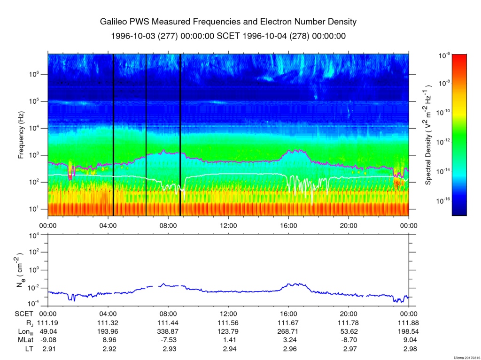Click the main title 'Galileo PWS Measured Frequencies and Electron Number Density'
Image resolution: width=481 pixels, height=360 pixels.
click(228, 22)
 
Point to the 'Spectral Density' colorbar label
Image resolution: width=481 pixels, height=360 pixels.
click(428, 135)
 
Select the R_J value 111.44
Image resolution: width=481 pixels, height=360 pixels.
click(168, 323)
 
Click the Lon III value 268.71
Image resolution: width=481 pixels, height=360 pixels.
click(288, 332)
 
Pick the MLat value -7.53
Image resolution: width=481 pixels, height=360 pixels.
click(168, 340)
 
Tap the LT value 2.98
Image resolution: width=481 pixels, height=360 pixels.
click(409, 349)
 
